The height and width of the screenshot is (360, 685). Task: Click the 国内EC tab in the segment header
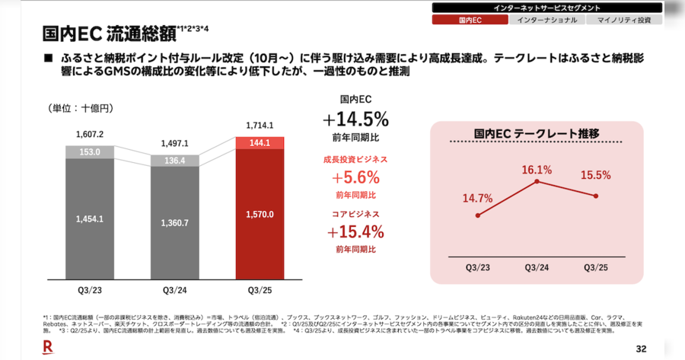(x=470, y=20)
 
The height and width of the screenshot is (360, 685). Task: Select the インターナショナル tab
(x=546, y=20)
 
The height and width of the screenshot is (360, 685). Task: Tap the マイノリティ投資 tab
(x=624, y=20)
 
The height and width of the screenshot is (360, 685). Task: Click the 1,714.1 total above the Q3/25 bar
(x=260, y=126)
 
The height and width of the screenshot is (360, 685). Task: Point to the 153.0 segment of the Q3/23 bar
(x=90, y=152)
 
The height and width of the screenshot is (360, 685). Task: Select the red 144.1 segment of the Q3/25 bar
(x=260, y=142)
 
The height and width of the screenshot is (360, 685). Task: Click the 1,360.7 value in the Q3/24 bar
(x=175, y=223)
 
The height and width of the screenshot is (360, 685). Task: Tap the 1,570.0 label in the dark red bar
(x=260, y=215)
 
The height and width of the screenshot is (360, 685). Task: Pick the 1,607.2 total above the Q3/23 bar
(x=90, y=135)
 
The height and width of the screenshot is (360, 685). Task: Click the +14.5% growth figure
(x=355, y=119)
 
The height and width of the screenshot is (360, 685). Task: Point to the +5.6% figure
(x=355, y=178)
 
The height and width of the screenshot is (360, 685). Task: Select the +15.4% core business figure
(x=355, y=231)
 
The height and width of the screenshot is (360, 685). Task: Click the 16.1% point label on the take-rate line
(x=537, y=169)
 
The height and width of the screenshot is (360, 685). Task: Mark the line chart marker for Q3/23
(x=477, y=215)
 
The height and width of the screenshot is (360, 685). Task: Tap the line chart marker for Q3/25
(x=596, y=196)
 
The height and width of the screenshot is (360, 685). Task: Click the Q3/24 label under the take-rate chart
(x=537, y=266)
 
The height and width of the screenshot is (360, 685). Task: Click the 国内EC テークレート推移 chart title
(x=536, y=134)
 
